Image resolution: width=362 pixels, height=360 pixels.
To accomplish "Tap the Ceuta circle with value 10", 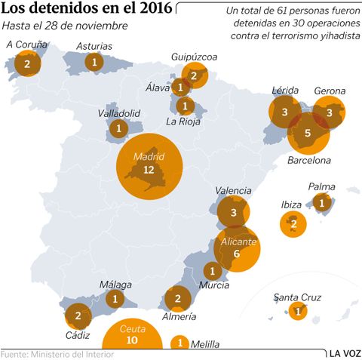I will pos(132,337).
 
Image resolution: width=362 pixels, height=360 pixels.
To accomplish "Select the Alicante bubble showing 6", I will pos(237,250).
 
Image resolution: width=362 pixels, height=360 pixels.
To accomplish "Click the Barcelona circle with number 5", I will pos(307,133).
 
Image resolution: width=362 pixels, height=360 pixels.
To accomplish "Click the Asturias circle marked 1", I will pos(94,63).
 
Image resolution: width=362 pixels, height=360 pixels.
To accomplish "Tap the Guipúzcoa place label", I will pos(195,57).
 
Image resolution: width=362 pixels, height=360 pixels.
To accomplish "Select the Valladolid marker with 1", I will pos(118,129).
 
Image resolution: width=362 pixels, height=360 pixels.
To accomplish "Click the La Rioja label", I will pos(183,121).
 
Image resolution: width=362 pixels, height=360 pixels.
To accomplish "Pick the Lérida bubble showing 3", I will pos(284,112).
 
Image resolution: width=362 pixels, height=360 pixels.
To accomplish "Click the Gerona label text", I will pos(329,90).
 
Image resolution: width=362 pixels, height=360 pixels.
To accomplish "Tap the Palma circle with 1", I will pos(322,202).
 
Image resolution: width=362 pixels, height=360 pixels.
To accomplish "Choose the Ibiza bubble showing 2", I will pos(293,223).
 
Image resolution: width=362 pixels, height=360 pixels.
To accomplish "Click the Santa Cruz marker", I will pos(299,310).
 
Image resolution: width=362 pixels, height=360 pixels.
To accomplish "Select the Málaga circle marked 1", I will pos(115,299).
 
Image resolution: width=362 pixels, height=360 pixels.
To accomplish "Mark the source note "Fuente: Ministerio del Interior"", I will pos(57,354).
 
